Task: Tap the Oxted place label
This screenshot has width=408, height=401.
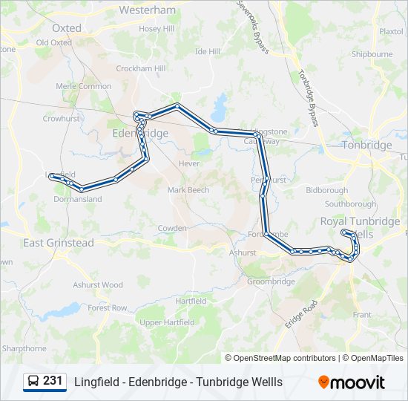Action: tap(67, 28)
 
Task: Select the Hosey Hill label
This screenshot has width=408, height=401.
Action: tap(156, 29)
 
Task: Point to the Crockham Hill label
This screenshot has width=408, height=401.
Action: tap(140, 68)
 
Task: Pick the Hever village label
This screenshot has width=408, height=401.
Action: tap(189, 163)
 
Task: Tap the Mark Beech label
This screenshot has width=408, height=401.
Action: tap(188, 190)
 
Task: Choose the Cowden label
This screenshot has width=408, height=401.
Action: tap(172, 228)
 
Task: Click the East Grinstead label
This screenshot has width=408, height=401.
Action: tap(59, 243)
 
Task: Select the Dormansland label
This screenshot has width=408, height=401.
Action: tap(77, 199)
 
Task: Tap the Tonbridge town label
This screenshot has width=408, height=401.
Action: tap(366, 146)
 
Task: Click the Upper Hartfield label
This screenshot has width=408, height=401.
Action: tap(167, 322)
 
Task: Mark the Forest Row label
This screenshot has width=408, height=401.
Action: tap(108, 307)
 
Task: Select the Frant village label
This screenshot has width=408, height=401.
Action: tap(362, 315)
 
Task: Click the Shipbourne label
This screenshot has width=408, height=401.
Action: tap(372, 54)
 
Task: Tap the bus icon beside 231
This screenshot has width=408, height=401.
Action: tap(33, 382)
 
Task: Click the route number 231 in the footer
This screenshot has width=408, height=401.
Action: tap(53, 381)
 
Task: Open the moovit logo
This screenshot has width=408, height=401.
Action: tap(352, 382)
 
